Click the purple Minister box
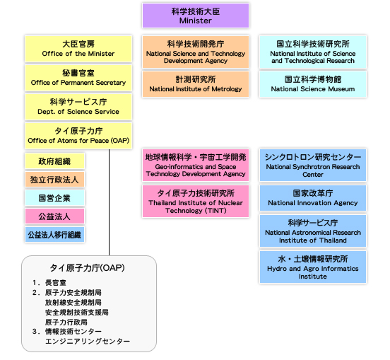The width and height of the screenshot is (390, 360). [x=196, y=16]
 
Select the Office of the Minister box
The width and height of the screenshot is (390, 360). [x=78, y=49]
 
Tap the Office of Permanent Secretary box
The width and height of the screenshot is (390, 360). [x=78, y=78]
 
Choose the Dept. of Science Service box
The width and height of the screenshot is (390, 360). [x=78, y=107]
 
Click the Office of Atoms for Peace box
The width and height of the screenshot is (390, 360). [x=78, y=136]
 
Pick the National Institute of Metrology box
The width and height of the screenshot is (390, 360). [x=196, y=84]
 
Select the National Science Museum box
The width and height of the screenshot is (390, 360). [x=313, y=84]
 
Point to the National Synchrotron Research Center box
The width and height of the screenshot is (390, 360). [x=313, y=165]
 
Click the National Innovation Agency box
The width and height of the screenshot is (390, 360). [x=313, y=198]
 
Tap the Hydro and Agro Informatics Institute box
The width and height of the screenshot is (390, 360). [x=313, y=267]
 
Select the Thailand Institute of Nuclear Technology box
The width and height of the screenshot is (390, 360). [x=196, y=201]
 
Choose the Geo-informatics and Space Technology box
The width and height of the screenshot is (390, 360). [x=196, y=165]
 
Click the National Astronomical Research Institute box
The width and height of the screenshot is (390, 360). [x=313, y=231]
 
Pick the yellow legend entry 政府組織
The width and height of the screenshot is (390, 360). [x=54, y=161]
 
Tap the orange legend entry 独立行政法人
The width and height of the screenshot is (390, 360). [x=54, y=179]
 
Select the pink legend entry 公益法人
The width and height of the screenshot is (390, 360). [x=54, y=216]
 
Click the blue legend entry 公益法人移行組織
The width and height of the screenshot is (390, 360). [x=54, y=235]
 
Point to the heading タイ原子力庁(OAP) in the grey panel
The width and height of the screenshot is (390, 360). [x=88, y=268]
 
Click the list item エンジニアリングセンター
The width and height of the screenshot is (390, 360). [x=88, y=341]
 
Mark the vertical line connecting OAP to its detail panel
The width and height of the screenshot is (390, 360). [x=109, y=202]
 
